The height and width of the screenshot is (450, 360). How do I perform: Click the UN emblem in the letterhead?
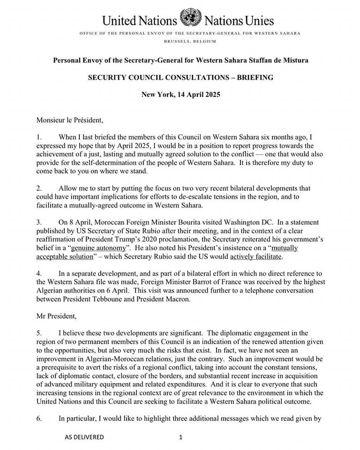pyautogui.click(x=189, y=18)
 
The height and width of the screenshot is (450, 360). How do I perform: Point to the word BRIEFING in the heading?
pyautogui.click(x=257, y=77)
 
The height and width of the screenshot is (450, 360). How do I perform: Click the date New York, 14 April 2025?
pyautogui.click(x=180, y=94)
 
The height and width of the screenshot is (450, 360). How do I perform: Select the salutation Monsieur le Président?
pyautogui.click(x=69, y=120)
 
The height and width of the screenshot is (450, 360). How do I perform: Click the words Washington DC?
pyautogui.click(x=226, y=222)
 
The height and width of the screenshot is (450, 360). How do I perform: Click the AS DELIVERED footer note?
pyautogui.click(x=84, y=437)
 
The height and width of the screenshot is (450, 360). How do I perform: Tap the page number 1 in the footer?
pyautogui.click(x=180, y=437)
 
